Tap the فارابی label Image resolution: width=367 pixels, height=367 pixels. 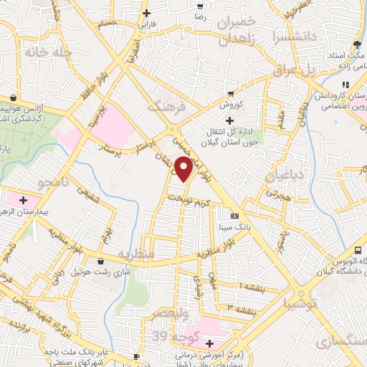click(x=147, y=24)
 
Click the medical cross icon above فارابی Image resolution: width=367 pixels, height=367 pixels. click(x=147, y=13)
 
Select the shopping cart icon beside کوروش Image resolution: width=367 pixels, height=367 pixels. click(x=230, y=93)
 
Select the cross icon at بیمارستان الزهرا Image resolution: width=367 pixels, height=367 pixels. click(x=23, y=199)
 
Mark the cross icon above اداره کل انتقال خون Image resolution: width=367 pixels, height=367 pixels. click(x=229, y=120)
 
